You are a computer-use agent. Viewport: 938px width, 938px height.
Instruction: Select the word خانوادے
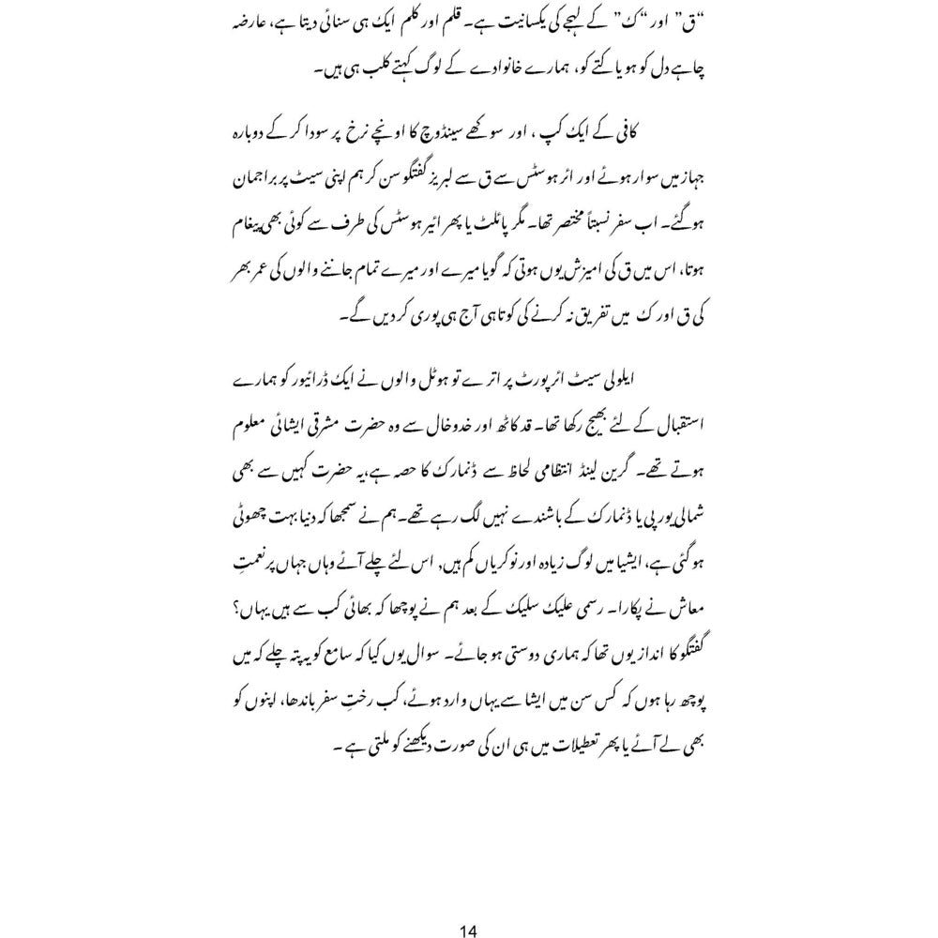coord(506,70)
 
